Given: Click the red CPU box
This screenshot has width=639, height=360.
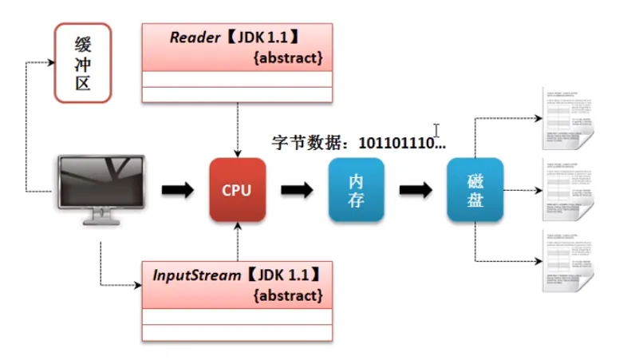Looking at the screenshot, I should click(237, 190).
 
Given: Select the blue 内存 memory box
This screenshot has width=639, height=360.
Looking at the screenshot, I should click(356, 190).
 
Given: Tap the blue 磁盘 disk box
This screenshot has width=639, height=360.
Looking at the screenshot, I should click(475, 190).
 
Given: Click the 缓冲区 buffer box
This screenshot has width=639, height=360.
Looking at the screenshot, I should click(82, 63).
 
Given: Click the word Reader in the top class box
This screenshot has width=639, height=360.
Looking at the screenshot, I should click(194, 38).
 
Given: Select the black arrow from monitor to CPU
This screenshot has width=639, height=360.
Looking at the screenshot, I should click(177, 191).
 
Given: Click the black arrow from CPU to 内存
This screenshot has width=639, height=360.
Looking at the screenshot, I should click(297, 191).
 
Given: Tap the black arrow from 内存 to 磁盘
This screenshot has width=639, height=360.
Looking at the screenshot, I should click(416, 191).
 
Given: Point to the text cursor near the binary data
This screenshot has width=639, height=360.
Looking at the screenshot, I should click(436, 129).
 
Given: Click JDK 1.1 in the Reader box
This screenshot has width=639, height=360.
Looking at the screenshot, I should click(279, 38).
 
